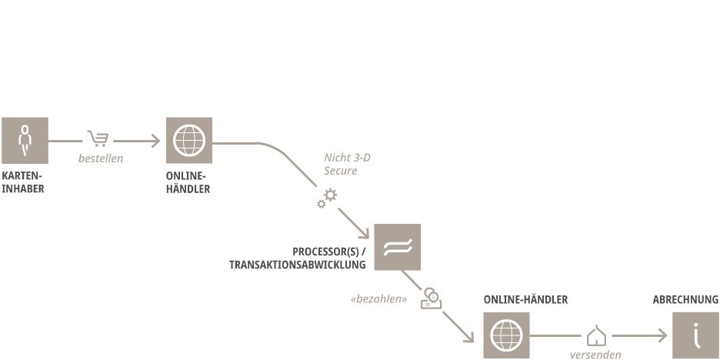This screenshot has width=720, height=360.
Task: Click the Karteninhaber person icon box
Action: (25, 140)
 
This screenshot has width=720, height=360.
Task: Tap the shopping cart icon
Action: (98, 138)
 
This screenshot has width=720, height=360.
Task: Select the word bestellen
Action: (101, 158)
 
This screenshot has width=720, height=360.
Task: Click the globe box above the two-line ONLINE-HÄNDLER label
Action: (189, 140)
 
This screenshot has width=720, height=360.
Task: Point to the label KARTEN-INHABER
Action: (23, 182)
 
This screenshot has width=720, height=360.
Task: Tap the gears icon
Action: (327, 198)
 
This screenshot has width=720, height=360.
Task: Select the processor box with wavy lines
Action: (397, 247)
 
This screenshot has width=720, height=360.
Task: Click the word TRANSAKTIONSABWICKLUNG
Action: (297, 265)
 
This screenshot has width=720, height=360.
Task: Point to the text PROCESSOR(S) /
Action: (328, 252)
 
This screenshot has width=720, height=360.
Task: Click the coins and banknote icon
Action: (432, 298)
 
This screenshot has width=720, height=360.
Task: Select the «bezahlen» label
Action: (378, 299)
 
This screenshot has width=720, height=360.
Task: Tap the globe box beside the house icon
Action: (506, 335)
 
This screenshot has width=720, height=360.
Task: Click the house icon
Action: (596, 335)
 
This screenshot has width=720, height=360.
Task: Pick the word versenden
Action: (595, 355)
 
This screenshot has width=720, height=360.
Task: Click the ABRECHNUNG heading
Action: (685, 300)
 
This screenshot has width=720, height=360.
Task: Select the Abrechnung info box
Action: (695, 335)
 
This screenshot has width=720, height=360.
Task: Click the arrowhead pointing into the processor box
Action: (365, 234)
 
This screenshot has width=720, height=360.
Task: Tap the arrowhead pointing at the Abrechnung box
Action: (662, 335)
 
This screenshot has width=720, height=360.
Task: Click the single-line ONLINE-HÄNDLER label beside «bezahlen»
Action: (525, 300)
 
